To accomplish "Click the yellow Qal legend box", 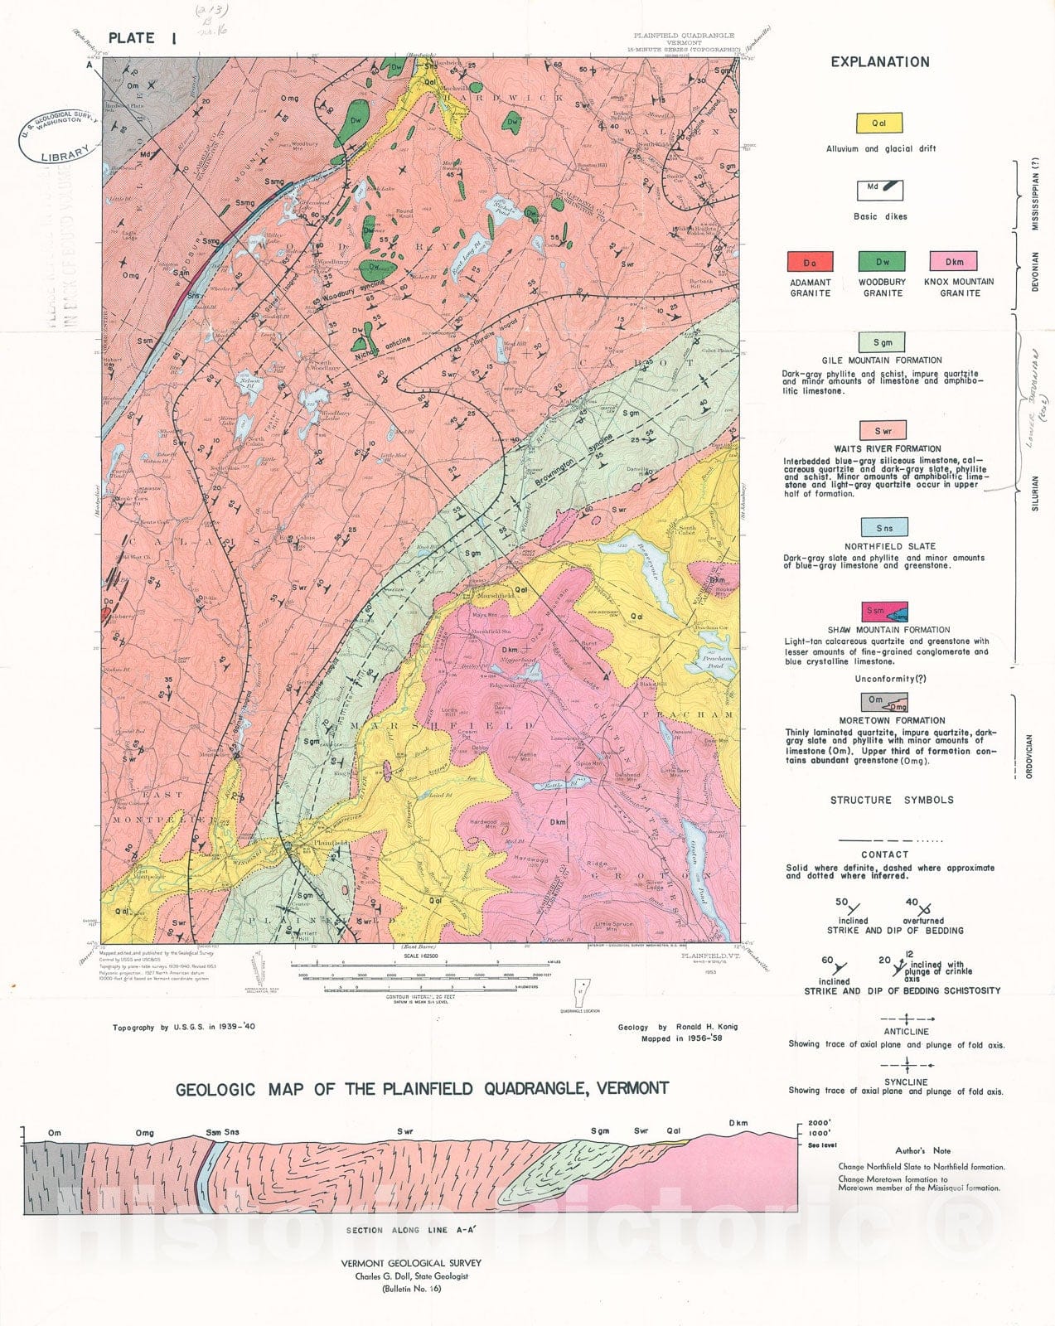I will tap(878, 123).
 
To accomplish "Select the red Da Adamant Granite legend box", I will tap(810, 262).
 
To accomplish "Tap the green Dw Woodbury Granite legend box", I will tap(882, 262).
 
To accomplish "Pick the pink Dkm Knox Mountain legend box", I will tap(953, 262).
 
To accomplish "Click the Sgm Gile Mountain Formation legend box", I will tap(882, 342).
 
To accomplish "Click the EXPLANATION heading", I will tap(880, 62).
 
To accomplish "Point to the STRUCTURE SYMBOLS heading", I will tap(892, 801).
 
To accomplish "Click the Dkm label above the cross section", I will tap(738, 1124).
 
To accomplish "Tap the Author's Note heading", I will tap(922, 1151).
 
